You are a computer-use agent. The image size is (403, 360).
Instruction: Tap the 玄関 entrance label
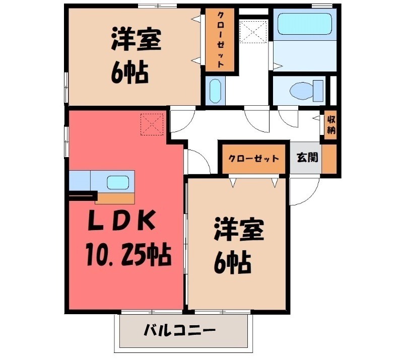click(306, 158)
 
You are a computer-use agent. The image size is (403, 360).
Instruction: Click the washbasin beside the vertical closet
click(214, 91)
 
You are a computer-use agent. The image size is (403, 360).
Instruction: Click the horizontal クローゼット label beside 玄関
click(253, 158)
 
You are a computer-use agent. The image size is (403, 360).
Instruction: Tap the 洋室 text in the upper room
click(136, 42)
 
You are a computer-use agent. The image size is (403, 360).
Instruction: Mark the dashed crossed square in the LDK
click(153, 124)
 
